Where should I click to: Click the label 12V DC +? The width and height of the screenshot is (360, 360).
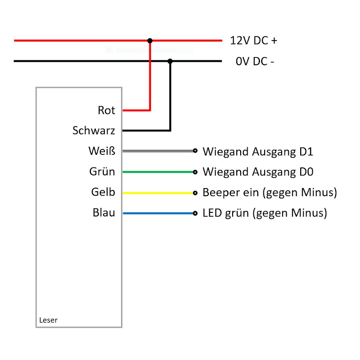(x=253, y=40)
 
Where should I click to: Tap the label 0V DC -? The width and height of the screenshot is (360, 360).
(x=255, y=61)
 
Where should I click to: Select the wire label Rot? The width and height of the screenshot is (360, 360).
(x=107, y=110)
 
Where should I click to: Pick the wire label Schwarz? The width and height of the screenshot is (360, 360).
(x=94, y=131)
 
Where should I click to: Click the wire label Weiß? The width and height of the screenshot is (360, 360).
(x=102, y=151)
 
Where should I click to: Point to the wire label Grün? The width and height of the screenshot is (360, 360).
(x=102, y=172)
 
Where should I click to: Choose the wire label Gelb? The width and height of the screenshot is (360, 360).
(x=103, y=193)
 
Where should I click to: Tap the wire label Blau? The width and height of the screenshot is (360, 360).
(x=104, y=213)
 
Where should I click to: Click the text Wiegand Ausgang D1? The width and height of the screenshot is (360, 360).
(x=258, y=151)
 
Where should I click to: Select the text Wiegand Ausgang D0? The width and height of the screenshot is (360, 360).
(x=258, y=172)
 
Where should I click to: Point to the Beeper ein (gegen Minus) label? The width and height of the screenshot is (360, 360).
(x=270, y=193)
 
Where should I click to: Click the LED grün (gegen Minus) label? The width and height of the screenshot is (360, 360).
(x=265, y=213)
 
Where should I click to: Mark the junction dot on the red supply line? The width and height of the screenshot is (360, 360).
(x=150, y=40)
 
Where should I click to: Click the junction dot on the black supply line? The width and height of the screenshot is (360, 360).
(x=170, y=61)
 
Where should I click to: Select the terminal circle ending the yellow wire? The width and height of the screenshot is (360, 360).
(x=195, y=193)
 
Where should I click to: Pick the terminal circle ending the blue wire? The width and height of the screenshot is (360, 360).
(x=195, y=213)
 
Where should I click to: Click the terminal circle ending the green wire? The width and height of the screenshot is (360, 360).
(x=195, y=172)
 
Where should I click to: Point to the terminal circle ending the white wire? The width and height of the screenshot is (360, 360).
(x=195, y=151)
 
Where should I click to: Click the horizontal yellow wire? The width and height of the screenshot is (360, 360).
(x=157, y=193)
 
